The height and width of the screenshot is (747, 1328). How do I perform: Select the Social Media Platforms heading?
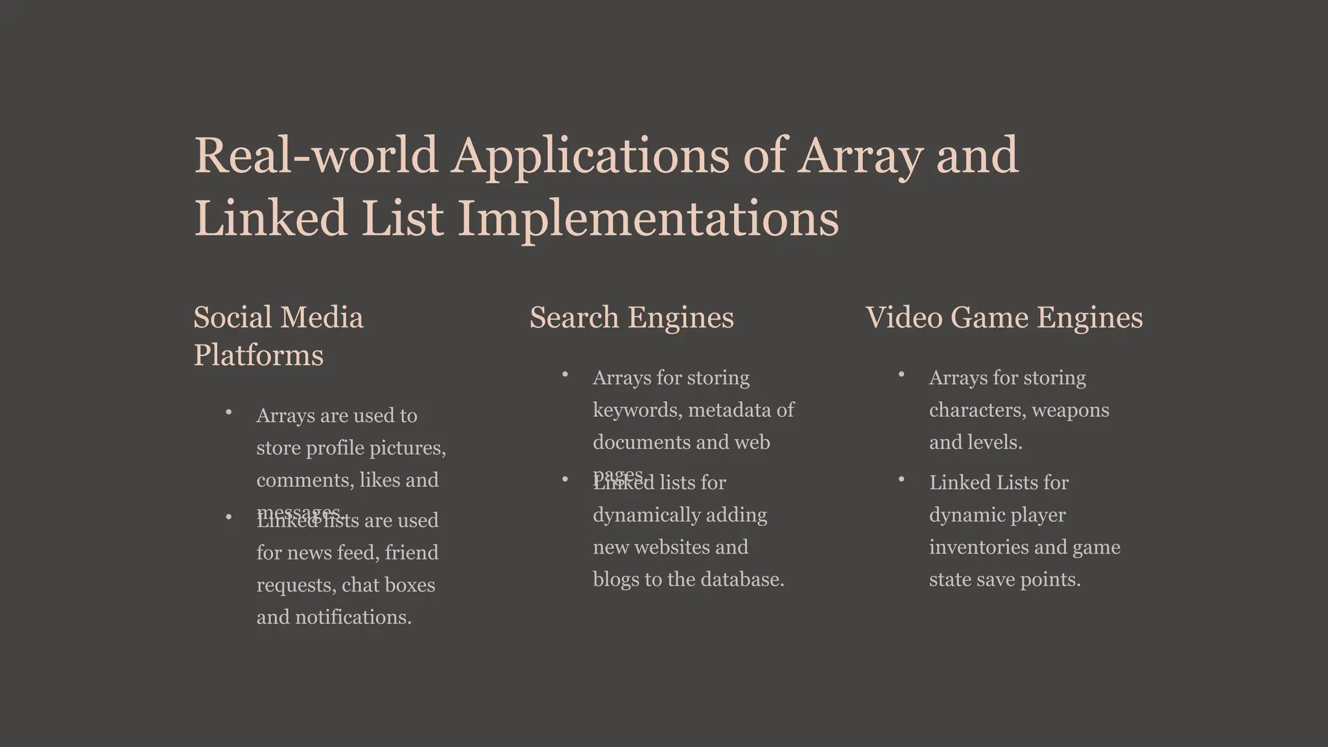coord(278,336)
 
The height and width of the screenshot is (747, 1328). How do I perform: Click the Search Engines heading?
coord(632,318)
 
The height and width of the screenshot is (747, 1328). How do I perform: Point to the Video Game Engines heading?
coord(1004,318)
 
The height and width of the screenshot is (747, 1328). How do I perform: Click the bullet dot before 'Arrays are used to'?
coord(229,412)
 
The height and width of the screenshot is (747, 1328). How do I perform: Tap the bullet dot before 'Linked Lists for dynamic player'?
coord(901,480)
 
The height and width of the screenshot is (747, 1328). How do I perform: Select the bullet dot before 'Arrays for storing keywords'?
coord(565,375)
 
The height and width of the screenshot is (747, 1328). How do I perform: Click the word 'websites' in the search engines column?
coord(670,547)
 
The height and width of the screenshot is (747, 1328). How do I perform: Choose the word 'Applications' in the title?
coord(590,156)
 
